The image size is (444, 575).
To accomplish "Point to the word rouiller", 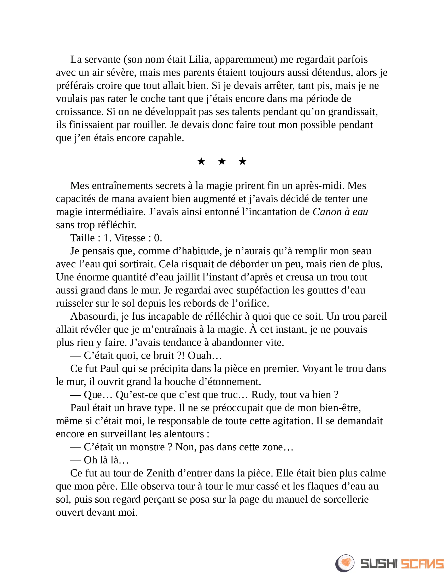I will coord(150,125).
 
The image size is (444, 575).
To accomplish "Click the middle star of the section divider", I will coord(222,161).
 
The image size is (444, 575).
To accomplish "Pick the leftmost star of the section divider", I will coord(201,161).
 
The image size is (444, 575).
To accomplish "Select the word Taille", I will coord(82,238).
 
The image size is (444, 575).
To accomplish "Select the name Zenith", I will coord(160,473).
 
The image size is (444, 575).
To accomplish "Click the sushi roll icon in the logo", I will coord(345,563).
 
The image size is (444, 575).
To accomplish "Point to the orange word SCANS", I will coord(422,564).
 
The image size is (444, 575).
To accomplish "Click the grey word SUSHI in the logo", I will coord(379,564).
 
